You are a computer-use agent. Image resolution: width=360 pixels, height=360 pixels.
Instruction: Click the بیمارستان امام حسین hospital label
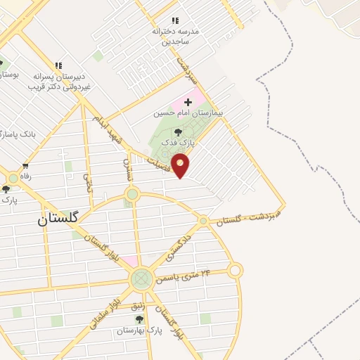pos(188,112)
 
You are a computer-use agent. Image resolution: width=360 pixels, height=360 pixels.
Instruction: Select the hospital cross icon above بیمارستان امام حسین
pos(188,102)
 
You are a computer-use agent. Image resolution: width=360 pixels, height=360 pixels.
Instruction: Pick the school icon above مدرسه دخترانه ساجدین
pos(175,22)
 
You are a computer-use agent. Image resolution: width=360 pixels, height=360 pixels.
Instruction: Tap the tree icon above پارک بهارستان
pos(139,320)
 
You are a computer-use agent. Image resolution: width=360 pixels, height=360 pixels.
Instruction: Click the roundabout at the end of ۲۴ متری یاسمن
pos(235,270)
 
